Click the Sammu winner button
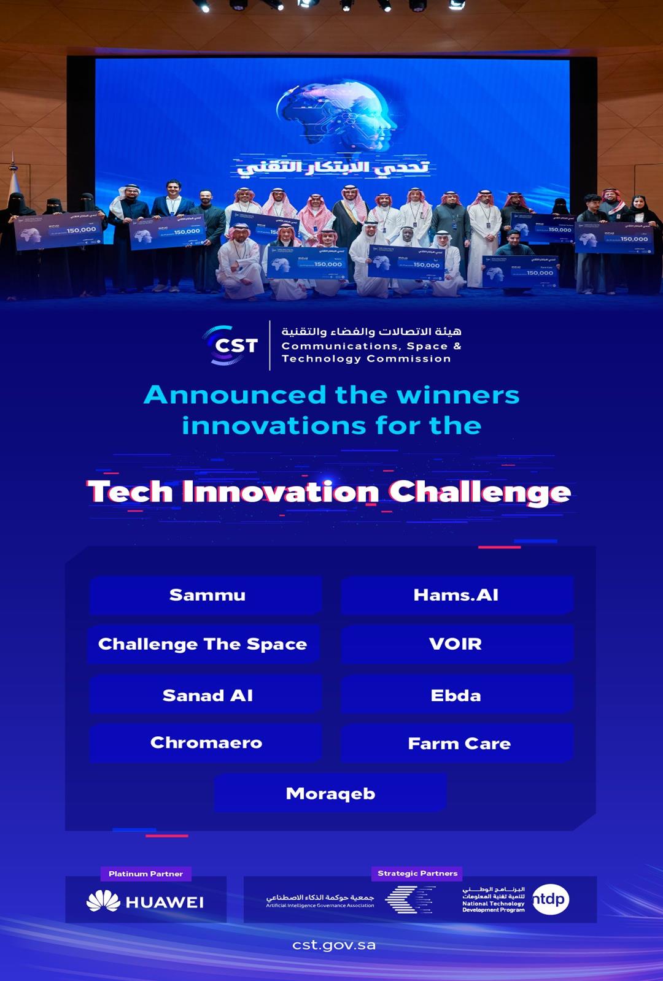pyautogui.click(x=206, y=595)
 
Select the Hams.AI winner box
pyautogui.click(x=456, y=595)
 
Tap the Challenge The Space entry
pyautogui.click(x=203, y=644)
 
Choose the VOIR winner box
pyautogui.click(x=456, y=644)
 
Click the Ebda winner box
pyautogui.click(x=456, y=695)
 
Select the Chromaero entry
pyautogui.click(x=206, y=743)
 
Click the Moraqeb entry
pyautogui.click(x=330, y=793)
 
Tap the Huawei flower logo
pyautogui.click(x=103, y=901)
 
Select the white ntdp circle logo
pyautogui.click(x=550, y=899)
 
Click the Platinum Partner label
pyautogui.click(x=145, y=874)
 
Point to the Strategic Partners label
pyautogui.click(x=417, y=873)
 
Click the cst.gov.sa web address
pyautogui.click(x=333, y=945)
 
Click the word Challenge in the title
pyautogui.click(x=479, y=492)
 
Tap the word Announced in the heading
pyautogui.click(x=235, y=394)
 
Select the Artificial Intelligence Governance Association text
pyautogui.click(x=320, y=906)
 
